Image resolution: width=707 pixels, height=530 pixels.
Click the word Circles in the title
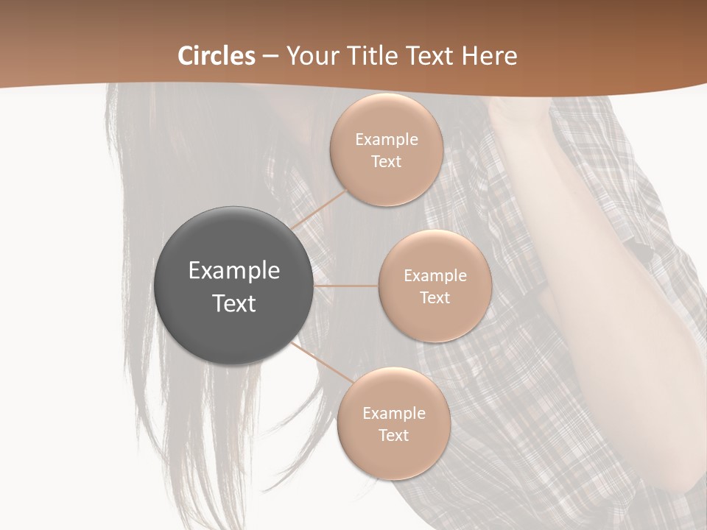coord(217,56)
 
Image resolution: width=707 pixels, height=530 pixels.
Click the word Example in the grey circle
coord(234,270)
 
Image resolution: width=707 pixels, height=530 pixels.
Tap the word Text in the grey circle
coord(234,303)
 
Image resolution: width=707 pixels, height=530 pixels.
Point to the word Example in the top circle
coord(386,139)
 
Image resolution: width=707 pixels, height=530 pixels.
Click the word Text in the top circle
coord(386,161)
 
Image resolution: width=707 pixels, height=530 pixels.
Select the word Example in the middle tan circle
coord(435,275)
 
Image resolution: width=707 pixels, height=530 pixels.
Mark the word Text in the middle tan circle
coord(435,297)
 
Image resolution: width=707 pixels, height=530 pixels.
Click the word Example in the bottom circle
coord(393,413)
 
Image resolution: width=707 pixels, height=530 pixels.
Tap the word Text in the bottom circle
coord(393,435)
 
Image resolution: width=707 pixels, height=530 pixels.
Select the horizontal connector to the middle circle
coord(346,286)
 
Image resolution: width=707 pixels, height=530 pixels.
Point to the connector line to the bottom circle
coord(321,362)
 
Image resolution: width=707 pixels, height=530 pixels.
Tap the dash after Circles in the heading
coord(270,56)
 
